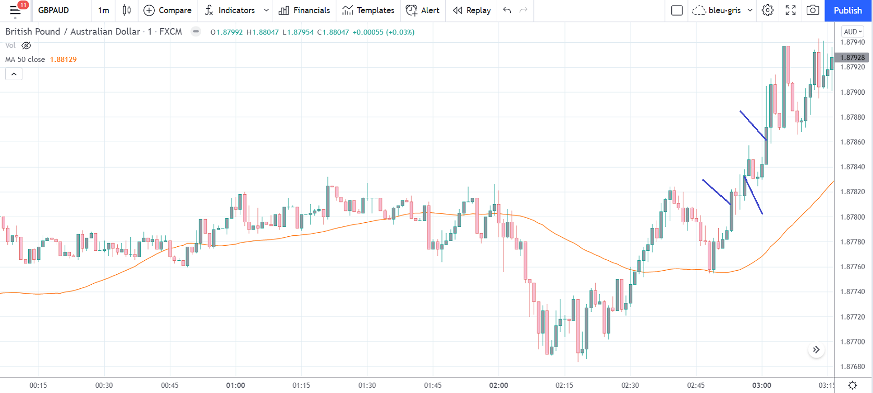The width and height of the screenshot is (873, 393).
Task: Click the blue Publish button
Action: click(847, 10)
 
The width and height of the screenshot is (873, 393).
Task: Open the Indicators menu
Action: click(230, 10)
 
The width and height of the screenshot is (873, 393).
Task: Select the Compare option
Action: click(167, 10)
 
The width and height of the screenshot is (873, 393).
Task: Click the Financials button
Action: click(304, 10)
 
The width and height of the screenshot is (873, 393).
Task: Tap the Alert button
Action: click(423, 10)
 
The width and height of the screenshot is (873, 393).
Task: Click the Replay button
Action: click(472, 10)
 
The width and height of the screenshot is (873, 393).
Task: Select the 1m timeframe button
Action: click(104, 10)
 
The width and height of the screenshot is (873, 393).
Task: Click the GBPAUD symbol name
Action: click(54, 10)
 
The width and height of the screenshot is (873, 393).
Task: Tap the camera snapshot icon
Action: click(812, 10)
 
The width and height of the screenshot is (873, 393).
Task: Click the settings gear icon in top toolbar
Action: click(767, 10)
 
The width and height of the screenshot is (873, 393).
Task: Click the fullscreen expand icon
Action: click(790, 10)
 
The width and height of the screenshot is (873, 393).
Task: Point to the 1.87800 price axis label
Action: click(853, 217)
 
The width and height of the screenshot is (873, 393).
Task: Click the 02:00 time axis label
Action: click(498, 385)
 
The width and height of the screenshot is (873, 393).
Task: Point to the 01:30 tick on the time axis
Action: click(367, 385)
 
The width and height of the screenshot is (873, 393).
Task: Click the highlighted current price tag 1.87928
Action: click(852, 57)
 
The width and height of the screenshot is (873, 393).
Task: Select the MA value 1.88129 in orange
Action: click(63, 59)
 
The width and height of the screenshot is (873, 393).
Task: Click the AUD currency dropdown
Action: click(853, 32)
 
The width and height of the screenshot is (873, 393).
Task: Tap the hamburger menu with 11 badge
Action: click(15, 10)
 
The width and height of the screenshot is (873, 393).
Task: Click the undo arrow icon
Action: click(507, 10)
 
